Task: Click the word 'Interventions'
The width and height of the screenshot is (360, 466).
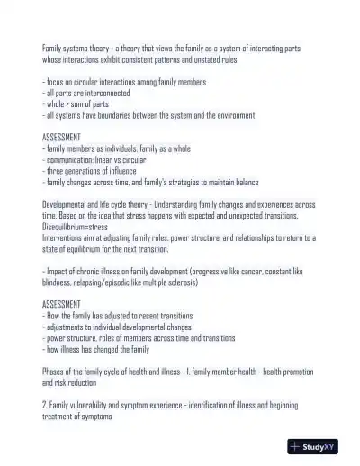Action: point(64,237)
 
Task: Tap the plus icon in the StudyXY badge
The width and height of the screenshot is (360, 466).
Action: point(295,446)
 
